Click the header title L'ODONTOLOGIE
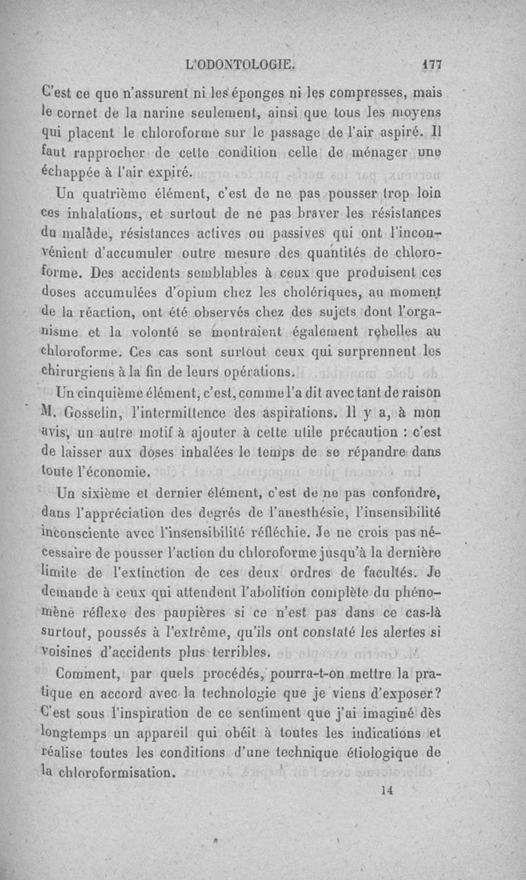click(241, 65)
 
